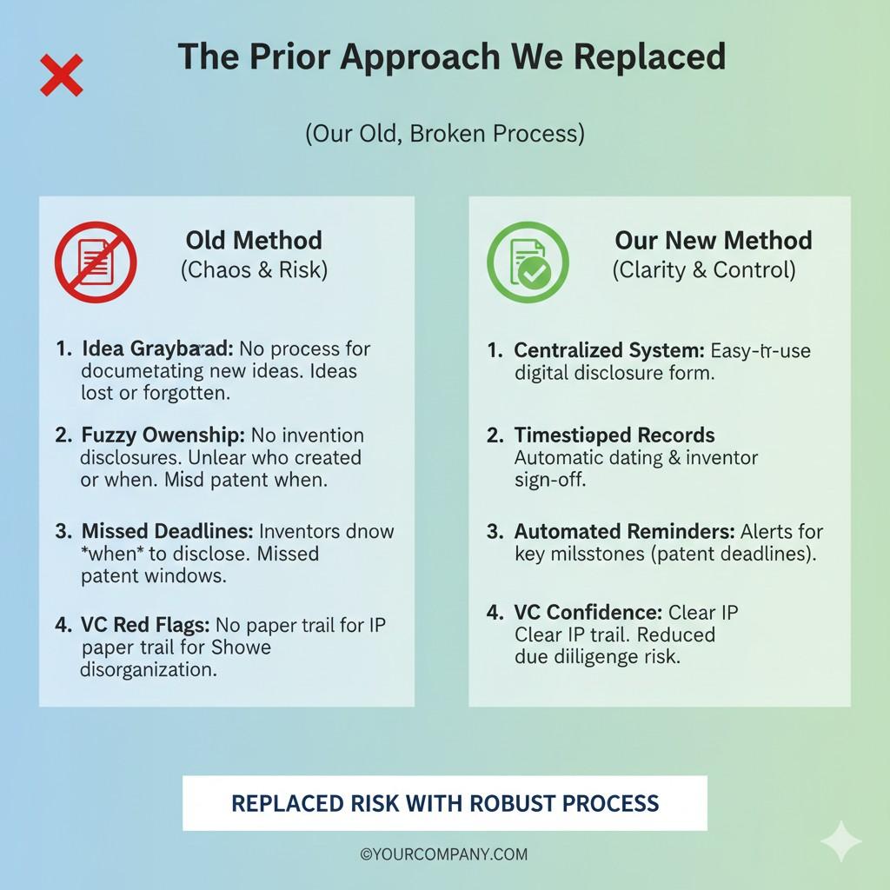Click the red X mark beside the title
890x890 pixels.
point(62,75)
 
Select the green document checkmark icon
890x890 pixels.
point(528,261)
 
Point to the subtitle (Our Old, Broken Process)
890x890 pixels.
point(444,134)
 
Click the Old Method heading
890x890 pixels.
point(254,241)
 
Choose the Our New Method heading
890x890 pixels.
point(713,241)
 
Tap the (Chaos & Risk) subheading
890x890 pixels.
point(254,270)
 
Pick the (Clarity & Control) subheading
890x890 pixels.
point(704,270)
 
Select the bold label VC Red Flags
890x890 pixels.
point(145,625)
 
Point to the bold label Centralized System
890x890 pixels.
point(608,351)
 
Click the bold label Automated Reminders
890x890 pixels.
point(624,532)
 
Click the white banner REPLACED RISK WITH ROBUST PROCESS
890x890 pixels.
point(444,803)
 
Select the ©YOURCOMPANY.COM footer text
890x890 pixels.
point(444,854)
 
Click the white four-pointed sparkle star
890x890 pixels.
point(840,841)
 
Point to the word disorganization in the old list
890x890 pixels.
point(149,670)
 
